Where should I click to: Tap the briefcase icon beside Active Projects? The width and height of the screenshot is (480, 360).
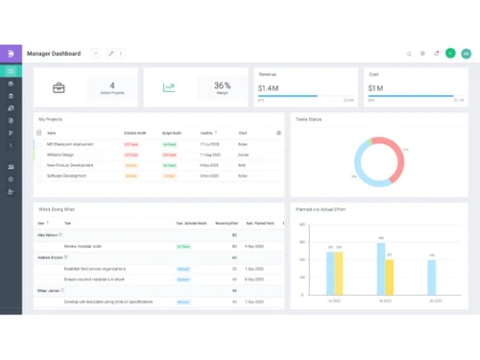tap(60, 87)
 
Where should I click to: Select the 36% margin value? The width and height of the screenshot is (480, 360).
tap(222, 85)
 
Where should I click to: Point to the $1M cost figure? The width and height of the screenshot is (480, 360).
tap(375, 87)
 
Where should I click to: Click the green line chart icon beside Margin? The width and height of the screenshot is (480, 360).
tap(169, 87)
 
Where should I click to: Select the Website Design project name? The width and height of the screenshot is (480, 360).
tap(61, 155)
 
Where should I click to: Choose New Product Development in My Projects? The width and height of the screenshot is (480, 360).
tap(72, 165)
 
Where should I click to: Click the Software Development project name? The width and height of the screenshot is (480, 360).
tap(67, 176)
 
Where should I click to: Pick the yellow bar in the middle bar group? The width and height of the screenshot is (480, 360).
tap(390, 276)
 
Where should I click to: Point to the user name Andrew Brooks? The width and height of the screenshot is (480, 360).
tap(50, 257)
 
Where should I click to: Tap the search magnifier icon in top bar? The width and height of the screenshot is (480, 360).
tap(409, 54)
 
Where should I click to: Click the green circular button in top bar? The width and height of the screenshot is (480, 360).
tap(450, 54)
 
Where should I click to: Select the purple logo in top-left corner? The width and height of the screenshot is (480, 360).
tap(11, 54)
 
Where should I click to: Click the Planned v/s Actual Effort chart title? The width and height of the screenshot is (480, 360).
tap(321, 208)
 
